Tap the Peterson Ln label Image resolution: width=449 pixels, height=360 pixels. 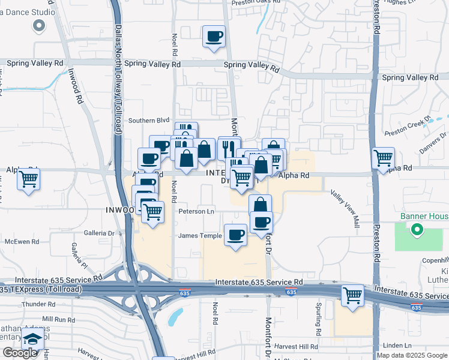196,211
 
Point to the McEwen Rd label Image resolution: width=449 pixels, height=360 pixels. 22,242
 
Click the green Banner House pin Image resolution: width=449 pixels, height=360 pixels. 415,229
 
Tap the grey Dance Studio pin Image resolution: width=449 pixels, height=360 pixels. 40,25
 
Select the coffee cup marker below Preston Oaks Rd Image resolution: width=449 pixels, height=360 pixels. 214,37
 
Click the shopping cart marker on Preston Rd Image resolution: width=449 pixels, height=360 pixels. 383,159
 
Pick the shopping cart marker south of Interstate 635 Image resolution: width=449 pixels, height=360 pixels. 352,296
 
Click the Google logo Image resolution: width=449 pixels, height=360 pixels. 20,353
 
